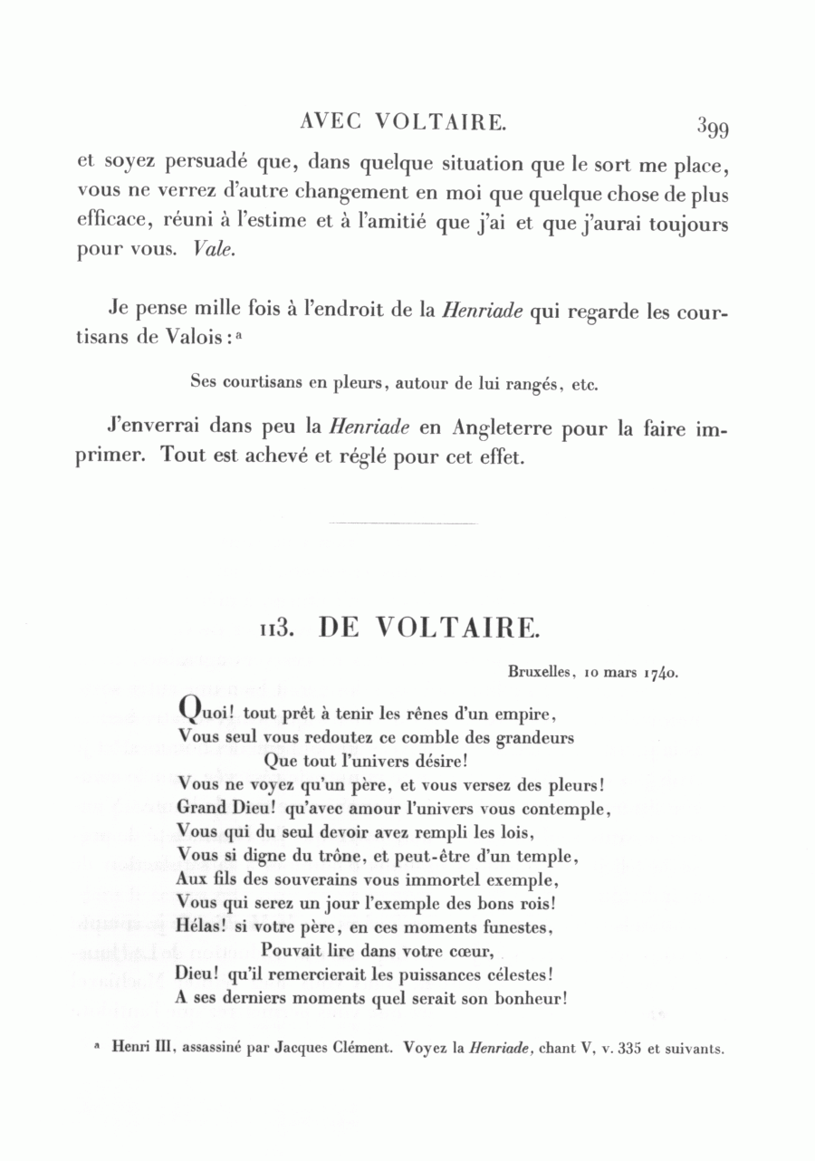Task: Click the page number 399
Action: (713, 127)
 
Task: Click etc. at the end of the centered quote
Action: (585, 383)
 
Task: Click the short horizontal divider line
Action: (402, 523)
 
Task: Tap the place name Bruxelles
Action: (538, 673)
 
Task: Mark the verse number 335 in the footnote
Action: (629, 1048)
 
